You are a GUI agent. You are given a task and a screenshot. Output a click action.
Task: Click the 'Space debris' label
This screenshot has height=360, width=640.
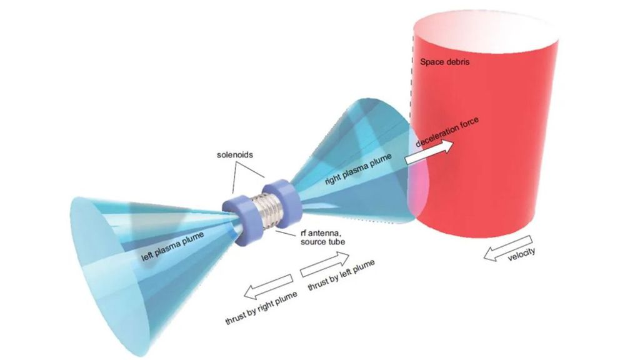(x=444, y=62)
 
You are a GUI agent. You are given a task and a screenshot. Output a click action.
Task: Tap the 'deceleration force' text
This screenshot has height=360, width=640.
(x=447, y=132)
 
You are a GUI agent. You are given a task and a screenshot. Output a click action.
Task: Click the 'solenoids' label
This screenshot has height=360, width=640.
(x=235, y=155)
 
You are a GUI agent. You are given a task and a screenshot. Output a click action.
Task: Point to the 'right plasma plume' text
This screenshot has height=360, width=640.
(x=358, y=169)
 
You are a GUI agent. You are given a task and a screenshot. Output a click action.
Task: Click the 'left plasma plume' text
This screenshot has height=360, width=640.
(x=172, y=247)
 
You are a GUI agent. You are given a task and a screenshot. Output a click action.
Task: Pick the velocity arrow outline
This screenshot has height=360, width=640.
(x=508, y=247)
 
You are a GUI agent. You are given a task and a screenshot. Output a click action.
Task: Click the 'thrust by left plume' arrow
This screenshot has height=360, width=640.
(x=325, y=264)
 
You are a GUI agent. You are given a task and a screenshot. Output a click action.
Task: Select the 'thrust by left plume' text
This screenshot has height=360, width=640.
(x=341, y=276)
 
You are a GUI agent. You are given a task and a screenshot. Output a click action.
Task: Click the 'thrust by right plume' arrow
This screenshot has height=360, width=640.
(x=268, y=286)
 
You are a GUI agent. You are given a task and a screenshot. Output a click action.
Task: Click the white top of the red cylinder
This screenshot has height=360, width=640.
(x=486, y=29)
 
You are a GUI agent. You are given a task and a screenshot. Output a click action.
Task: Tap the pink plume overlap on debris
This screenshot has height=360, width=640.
(x=418, y=179)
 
